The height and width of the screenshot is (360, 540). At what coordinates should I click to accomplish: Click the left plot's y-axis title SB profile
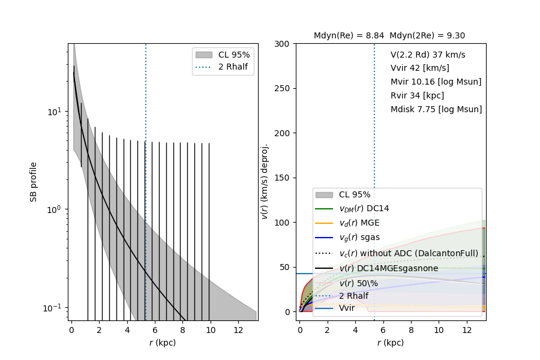click(34, 181)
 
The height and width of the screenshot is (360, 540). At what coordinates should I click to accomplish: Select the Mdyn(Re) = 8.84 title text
click(349, 35)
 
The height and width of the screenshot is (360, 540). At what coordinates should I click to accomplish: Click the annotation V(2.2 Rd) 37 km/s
click(428, 55)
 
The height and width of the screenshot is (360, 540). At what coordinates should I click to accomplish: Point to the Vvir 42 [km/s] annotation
click(419, 68)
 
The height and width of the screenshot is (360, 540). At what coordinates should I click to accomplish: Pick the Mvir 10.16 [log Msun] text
click(436, 82)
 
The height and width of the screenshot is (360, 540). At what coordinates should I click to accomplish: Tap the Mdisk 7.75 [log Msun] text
click(436, 109)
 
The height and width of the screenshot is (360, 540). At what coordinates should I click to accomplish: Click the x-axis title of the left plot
click(163, 343)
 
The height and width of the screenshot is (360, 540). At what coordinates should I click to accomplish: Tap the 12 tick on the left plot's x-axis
click(238, 330)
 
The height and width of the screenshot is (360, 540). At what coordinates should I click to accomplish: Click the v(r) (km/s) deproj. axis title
click(265, 181)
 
